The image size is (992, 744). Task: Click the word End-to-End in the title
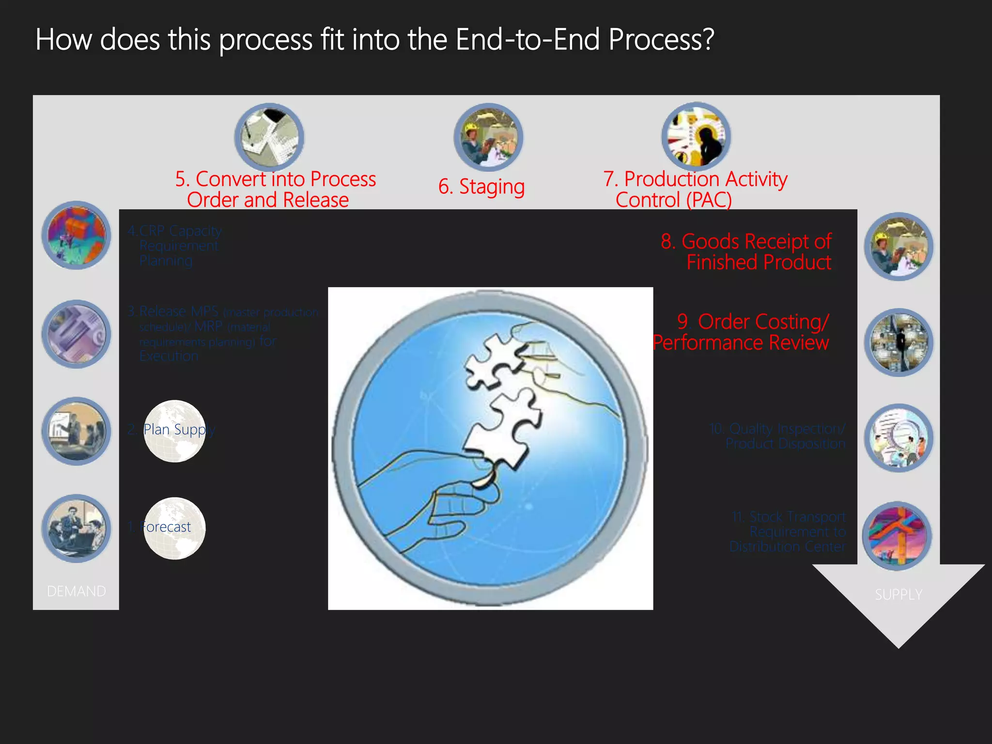[528, 40]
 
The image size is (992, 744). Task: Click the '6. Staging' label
[481, 187]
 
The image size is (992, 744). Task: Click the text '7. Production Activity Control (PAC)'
[695, 189]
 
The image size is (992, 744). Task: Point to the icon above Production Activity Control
[696, 137]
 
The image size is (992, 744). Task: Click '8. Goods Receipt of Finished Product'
[746, 252]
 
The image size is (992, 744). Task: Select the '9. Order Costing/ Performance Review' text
[741, 332]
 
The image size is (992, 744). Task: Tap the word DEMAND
[76, 591]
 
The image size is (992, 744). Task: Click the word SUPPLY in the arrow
[899, 594]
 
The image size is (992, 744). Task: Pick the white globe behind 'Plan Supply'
[174, 431]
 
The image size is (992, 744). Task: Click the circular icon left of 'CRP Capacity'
[76, 235]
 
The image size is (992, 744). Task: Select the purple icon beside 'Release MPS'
[76, 334]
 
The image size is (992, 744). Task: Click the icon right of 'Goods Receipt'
[899, 247]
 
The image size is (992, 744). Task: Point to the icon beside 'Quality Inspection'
[899, 438]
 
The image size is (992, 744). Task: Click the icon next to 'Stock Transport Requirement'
[898, 536]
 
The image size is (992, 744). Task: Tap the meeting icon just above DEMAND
[76, 528]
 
